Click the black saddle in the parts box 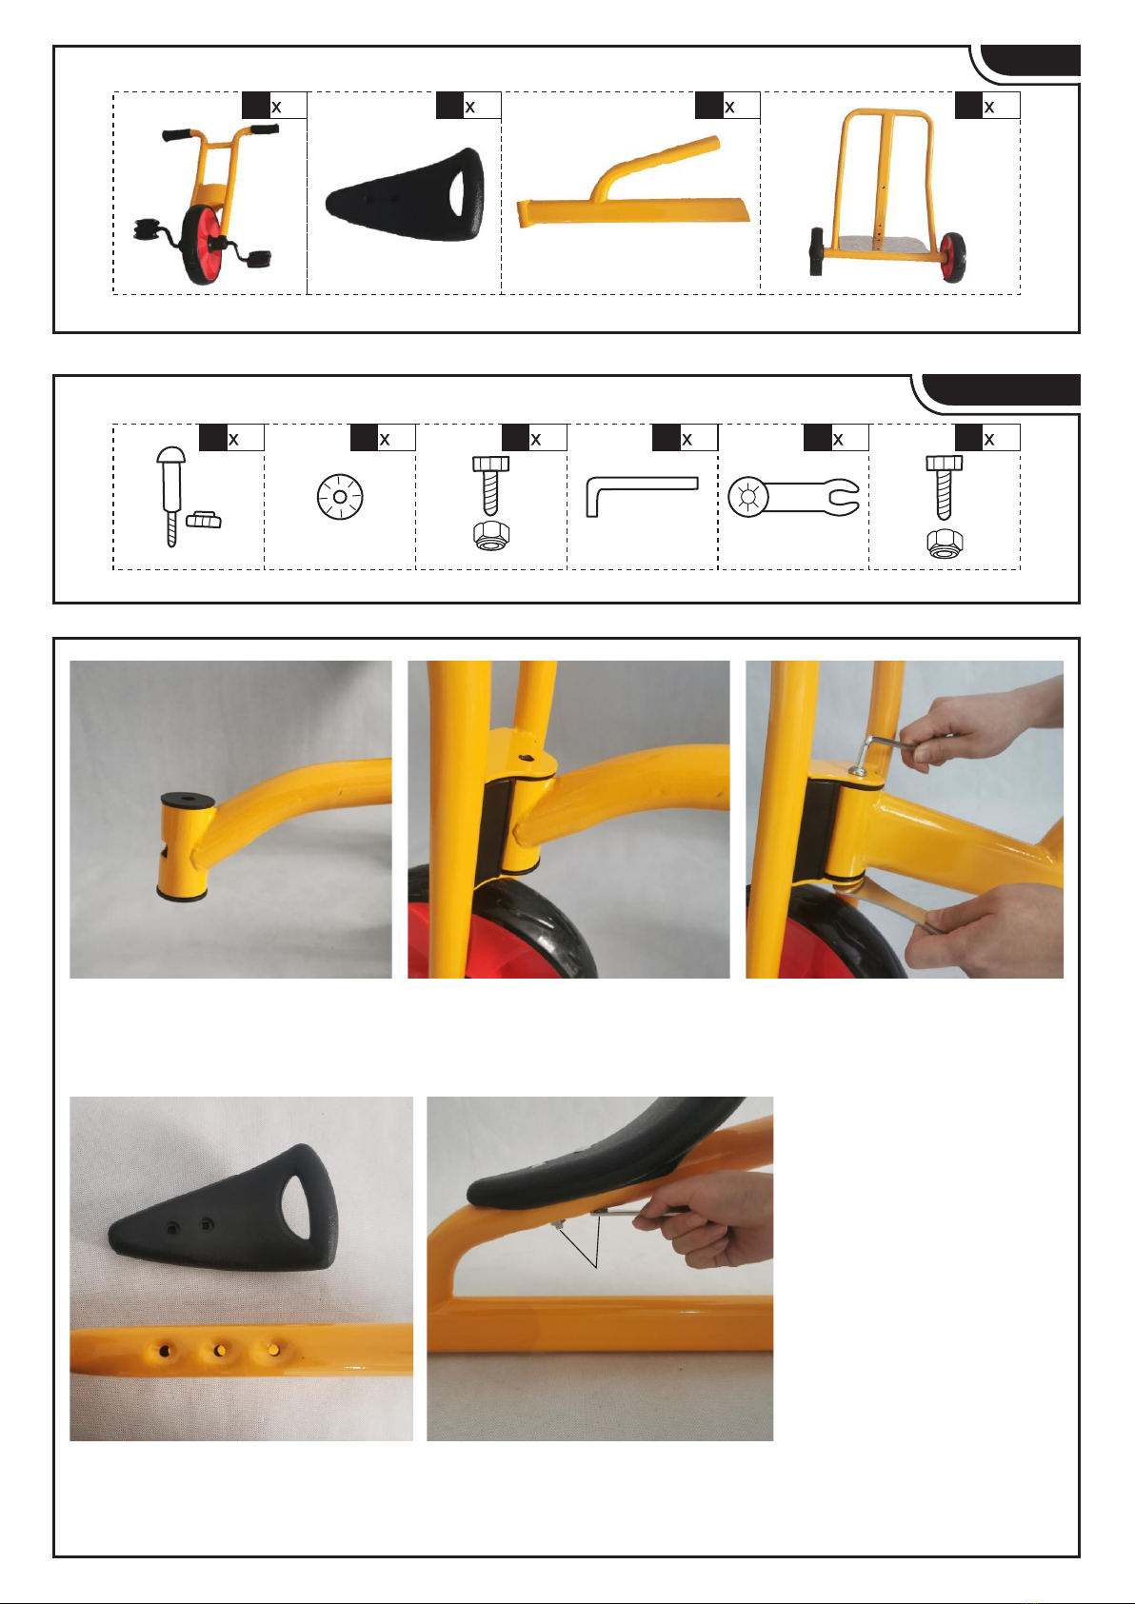406,195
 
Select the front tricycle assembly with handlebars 207,204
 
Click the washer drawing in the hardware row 340,496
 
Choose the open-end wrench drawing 793,497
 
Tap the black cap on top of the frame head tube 188,799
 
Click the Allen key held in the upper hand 877,752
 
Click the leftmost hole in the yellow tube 166,1351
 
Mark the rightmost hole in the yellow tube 273,1350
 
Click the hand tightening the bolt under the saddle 703,1218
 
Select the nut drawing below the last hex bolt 945,544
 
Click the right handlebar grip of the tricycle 265,129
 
